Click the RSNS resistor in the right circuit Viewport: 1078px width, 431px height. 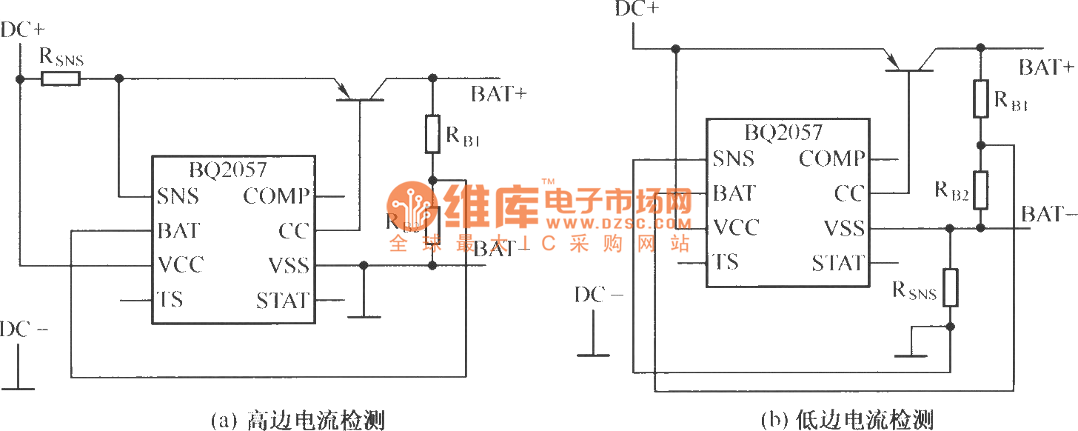tap(950, 287)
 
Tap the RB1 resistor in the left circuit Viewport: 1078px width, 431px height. tap(433, 133)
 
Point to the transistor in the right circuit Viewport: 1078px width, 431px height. tap(910, 63)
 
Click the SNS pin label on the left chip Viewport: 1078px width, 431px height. tap(178, 196)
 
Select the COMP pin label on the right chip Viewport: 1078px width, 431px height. tap(831, 158)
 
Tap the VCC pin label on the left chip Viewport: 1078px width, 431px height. tap(180, 264)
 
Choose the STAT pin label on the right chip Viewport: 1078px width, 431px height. tap(837, 263)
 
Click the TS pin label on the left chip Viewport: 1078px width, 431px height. tap(170, 300)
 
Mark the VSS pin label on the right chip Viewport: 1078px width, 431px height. tap(843, 228)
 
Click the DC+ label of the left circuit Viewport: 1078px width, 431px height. tap(23, 30)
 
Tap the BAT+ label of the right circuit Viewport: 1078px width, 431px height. tap(1046, 68)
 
